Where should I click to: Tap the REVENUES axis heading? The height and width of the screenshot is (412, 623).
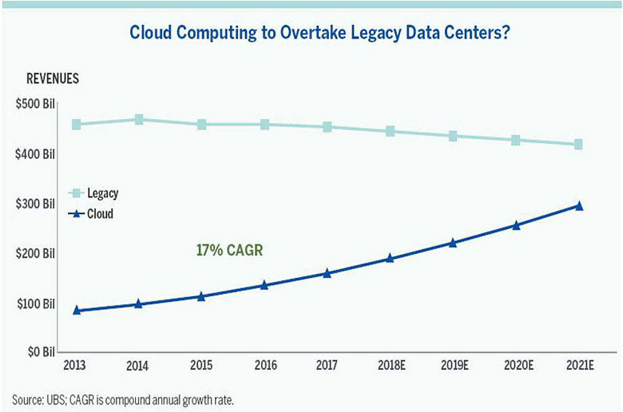click(x=52, y=79)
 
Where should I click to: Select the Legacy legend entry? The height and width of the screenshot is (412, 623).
click(x=97, y=193)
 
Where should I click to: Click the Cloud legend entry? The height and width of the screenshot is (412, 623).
click(x=93, y=214)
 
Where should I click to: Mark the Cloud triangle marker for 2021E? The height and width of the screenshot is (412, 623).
click(x=579, y=206)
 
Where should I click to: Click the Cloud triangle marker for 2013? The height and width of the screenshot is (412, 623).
click(x=77, y=310)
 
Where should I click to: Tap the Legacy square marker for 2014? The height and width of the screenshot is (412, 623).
click(x=139, y=119)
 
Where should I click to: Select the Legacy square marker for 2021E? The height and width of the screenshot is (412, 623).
click(x=578, y=144)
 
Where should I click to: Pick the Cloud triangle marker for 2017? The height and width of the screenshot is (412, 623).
click(x=327, y=273)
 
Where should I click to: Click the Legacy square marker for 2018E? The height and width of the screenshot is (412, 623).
click(x=390, y=131)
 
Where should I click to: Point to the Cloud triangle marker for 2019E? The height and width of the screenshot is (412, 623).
click(x=453, y=243)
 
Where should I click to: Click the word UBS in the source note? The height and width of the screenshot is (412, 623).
click(x=52, y=398)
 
